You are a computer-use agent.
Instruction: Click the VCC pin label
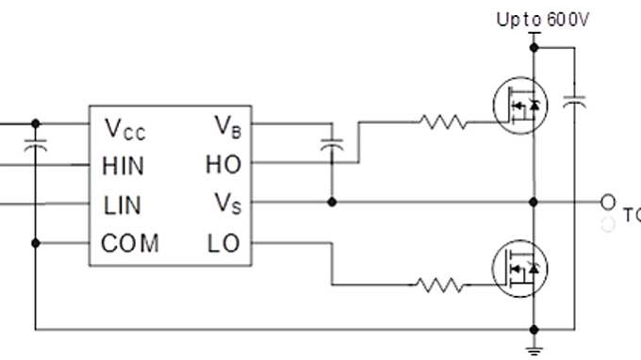point(124,128)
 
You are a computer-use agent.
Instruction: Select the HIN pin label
point(123,166)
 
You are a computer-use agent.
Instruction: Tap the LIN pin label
point(123,204)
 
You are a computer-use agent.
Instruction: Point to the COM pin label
point(130,243)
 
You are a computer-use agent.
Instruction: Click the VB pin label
point(226,124)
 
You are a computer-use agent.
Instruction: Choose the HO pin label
point(223,165)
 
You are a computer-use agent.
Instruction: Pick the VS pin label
point(226,204)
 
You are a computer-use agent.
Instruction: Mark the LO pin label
point(223,243)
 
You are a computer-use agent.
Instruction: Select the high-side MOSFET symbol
point(519,106)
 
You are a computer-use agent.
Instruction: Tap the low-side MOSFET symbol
point(519,270)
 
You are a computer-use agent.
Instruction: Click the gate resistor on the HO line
point(441,122)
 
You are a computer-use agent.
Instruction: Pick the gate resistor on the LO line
point(441,284)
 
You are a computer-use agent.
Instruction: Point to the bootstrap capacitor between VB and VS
point(331,147)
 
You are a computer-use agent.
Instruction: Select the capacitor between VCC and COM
point(35,147)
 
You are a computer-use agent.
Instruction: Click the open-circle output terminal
point(608,202)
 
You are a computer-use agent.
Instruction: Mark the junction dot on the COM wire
point(35,243)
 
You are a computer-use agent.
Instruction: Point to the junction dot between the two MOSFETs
point(534,202)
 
